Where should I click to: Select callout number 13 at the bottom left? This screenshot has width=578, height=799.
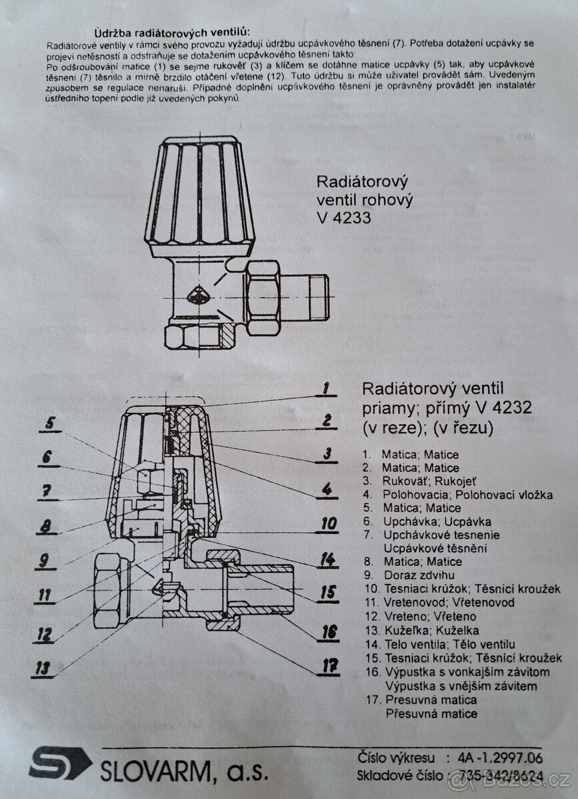tap(43, 667)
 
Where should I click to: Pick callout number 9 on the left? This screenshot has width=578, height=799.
tap(45, 561)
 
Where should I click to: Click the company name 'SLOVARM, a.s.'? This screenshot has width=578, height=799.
tap(184, 772)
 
